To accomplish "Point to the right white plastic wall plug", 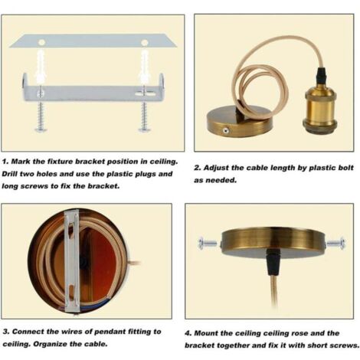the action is (144, 66).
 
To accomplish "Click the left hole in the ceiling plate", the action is (41, 43).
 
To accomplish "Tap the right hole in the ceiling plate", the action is (144, 43).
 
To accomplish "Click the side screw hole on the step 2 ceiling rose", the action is (225, 131).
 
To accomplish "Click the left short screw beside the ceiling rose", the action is (208, 243).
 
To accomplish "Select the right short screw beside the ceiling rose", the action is (336, 243).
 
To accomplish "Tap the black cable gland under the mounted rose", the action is (273, 263).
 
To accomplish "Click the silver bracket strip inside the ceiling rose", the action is (72, 260).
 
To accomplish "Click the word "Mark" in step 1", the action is (21, 162).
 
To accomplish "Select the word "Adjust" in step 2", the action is (215, 168).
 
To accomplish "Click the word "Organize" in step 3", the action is (51, 344).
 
